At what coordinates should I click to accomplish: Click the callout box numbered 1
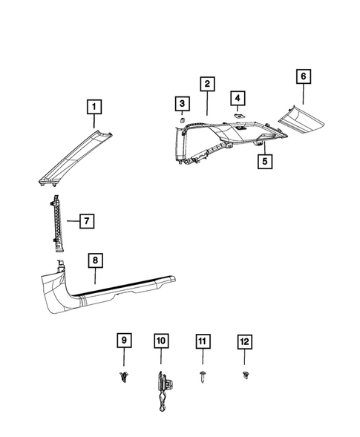coord(94,107)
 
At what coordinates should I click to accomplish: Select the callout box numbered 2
coord(207,84)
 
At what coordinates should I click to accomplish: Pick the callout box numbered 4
coord(237,98)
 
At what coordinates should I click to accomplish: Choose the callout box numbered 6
coord(302,76)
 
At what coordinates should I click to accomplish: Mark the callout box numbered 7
coord(87,220)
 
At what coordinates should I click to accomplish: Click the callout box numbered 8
coord(95,260)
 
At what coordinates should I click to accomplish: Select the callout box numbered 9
coord(124,341)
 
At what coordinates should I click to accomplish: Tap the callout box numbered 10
coord(161,341)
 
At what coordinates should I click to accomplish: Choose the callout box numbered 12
coord(244,341)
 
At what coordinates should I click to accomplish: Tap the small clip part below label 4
coord(235,116)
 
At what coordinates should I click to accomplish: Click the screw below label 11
coord(203,377)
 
